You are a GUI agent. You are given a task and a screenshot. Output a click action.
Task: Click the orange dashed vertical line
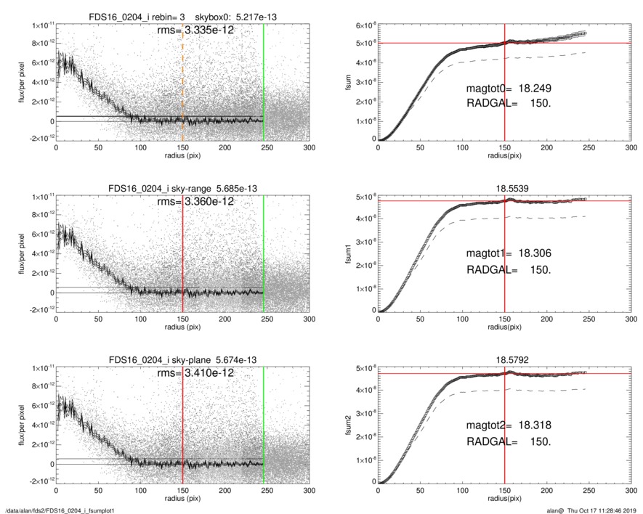click(x=182, y=80)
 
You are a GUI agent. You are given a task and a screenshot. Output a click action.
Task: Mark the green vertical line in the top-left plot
click(x=264, y=80)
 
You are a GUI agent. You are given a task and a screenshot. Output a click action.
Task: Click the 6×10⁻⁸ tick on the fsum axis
click(x=363, y=26)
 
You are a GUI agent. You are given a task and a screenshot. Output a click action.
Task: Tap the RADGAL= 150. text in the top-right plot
click(x=508, y=104)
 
